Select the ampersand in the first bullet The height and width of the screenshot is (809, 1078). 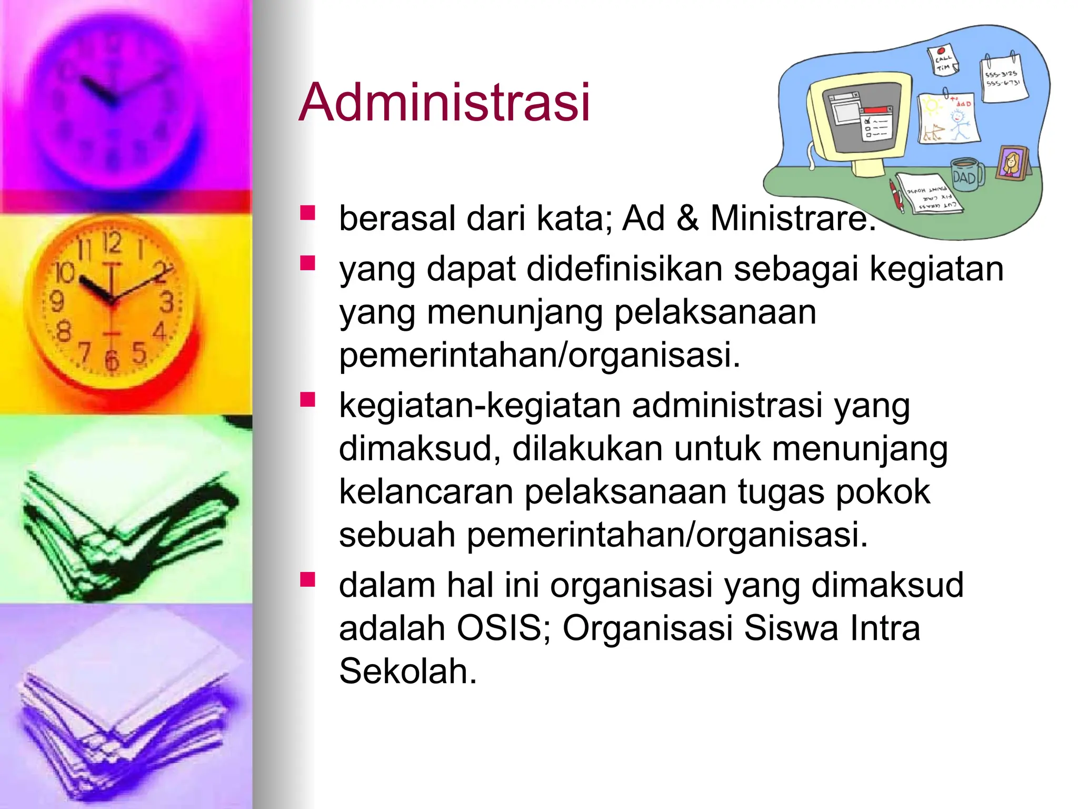(687, 218)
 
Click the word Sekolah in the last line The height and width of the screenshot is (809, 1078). (407, 671)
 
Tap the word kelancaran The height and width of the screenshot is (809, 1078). (426, 492)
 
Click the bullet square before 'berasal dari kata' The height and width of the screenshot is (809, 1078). (307, 212)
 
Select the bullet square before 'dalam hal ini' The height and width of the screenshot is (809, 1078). (307, 579)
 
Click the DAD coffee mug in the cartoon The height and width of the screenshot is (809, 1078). (967, 175)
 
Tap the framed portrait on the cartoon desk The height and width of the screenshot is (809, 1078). (1013, 163)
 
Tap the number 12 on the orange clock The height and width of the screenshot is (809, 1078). (112, 243)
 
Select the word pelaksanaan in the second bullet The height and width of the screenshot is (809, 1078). (715, 312)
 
